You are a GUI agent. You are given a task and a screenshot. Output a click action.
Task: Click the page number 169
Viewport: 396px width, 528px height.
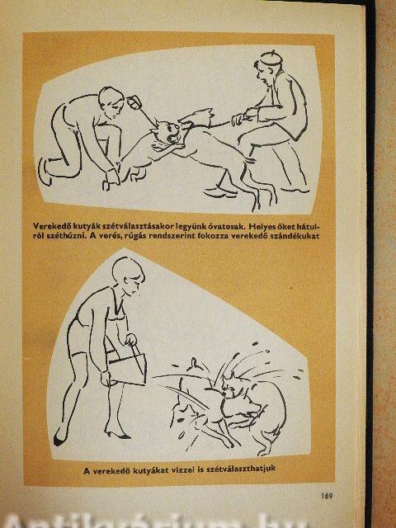click(327, 496)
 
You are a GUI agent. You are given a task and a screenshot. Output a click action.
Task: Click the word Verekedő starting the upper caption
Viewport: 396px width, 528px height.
click(48, 225)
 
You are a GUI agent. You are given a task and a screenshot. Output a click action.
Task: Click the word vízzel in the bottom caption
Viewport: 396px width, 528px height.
click(183, 470)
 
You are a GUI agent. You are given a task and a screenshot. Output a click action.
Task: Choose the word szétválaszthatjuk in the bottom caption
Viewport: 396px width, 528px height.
click(241, 469)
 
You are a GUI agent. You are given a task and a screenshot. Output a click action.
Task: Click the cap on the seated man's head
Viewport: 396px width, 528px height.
click(271, 58)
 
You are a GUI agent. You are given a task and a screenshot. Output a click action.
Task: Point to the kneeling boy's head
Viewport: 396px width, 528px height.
click(111, 101)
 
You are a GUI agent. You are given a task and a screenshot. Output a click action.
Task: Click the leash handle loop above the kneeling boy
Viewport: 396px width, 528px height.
click(134, 102)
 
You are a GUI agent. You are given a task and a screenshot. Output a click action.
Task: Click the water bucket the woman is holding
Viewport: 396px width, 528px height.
click(128, 369)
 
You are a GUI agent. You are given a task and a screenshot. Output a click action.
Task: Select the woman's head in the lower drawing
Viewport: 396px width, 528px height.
click(129, 275)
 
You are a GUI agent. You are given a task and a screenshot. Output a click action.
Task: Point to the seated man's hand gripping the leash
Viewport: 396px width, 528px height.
click(238, 119)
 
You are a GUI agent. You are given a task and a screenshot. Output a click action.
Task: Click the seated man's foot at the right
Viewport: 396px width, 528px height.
click(295, 190)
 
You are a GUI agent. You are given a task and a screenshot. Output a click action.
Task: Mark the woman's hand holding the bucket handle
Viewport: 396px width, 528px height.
click(130, 339)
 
